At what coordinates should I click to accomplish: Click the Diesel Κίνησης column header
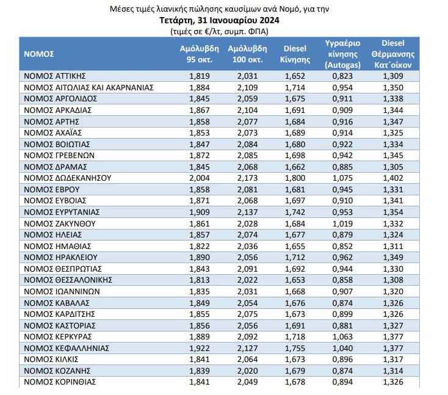click(x=295, y=54)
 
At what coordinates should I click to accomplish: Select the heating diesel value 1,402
click(x=393, y=178)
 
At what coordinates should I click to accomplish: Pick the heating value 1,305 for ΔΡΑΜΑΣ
click(x=393, y=166)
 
